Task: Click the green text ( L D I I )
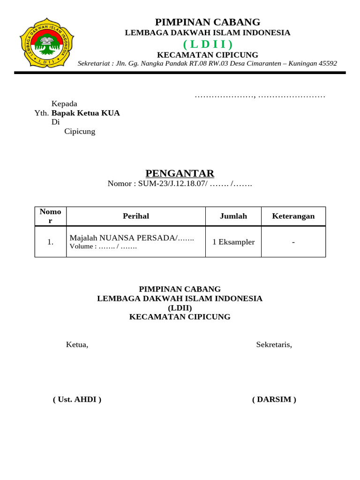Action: coord(207,44)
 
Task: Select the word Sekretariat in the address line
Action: coord(94,63)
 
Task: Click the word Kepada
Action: coord(64,104)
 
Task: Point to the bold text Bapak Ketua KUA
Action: coord(86,113)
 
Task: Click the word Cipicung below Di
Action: coord(80,131)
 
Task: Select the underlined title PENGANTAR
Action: coord(180,173)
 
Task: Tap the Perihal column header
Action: coord(136,216)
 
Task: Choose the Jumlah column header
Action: coord(233,216)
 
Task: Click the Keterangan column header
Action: coord(293,216)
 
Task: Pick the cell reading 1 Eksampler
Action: coord(233,242)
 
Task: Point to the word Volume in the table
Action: coord(82,246)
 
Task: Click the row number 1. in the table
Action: coord(51,242)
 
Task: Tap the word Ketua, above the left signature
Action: coord(77,345)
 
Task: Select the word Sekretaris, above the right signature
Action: coord(274,345)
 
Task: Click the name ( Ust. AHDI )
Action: coord(77,399)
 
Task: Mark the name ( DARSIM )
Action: coord(274,399)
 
